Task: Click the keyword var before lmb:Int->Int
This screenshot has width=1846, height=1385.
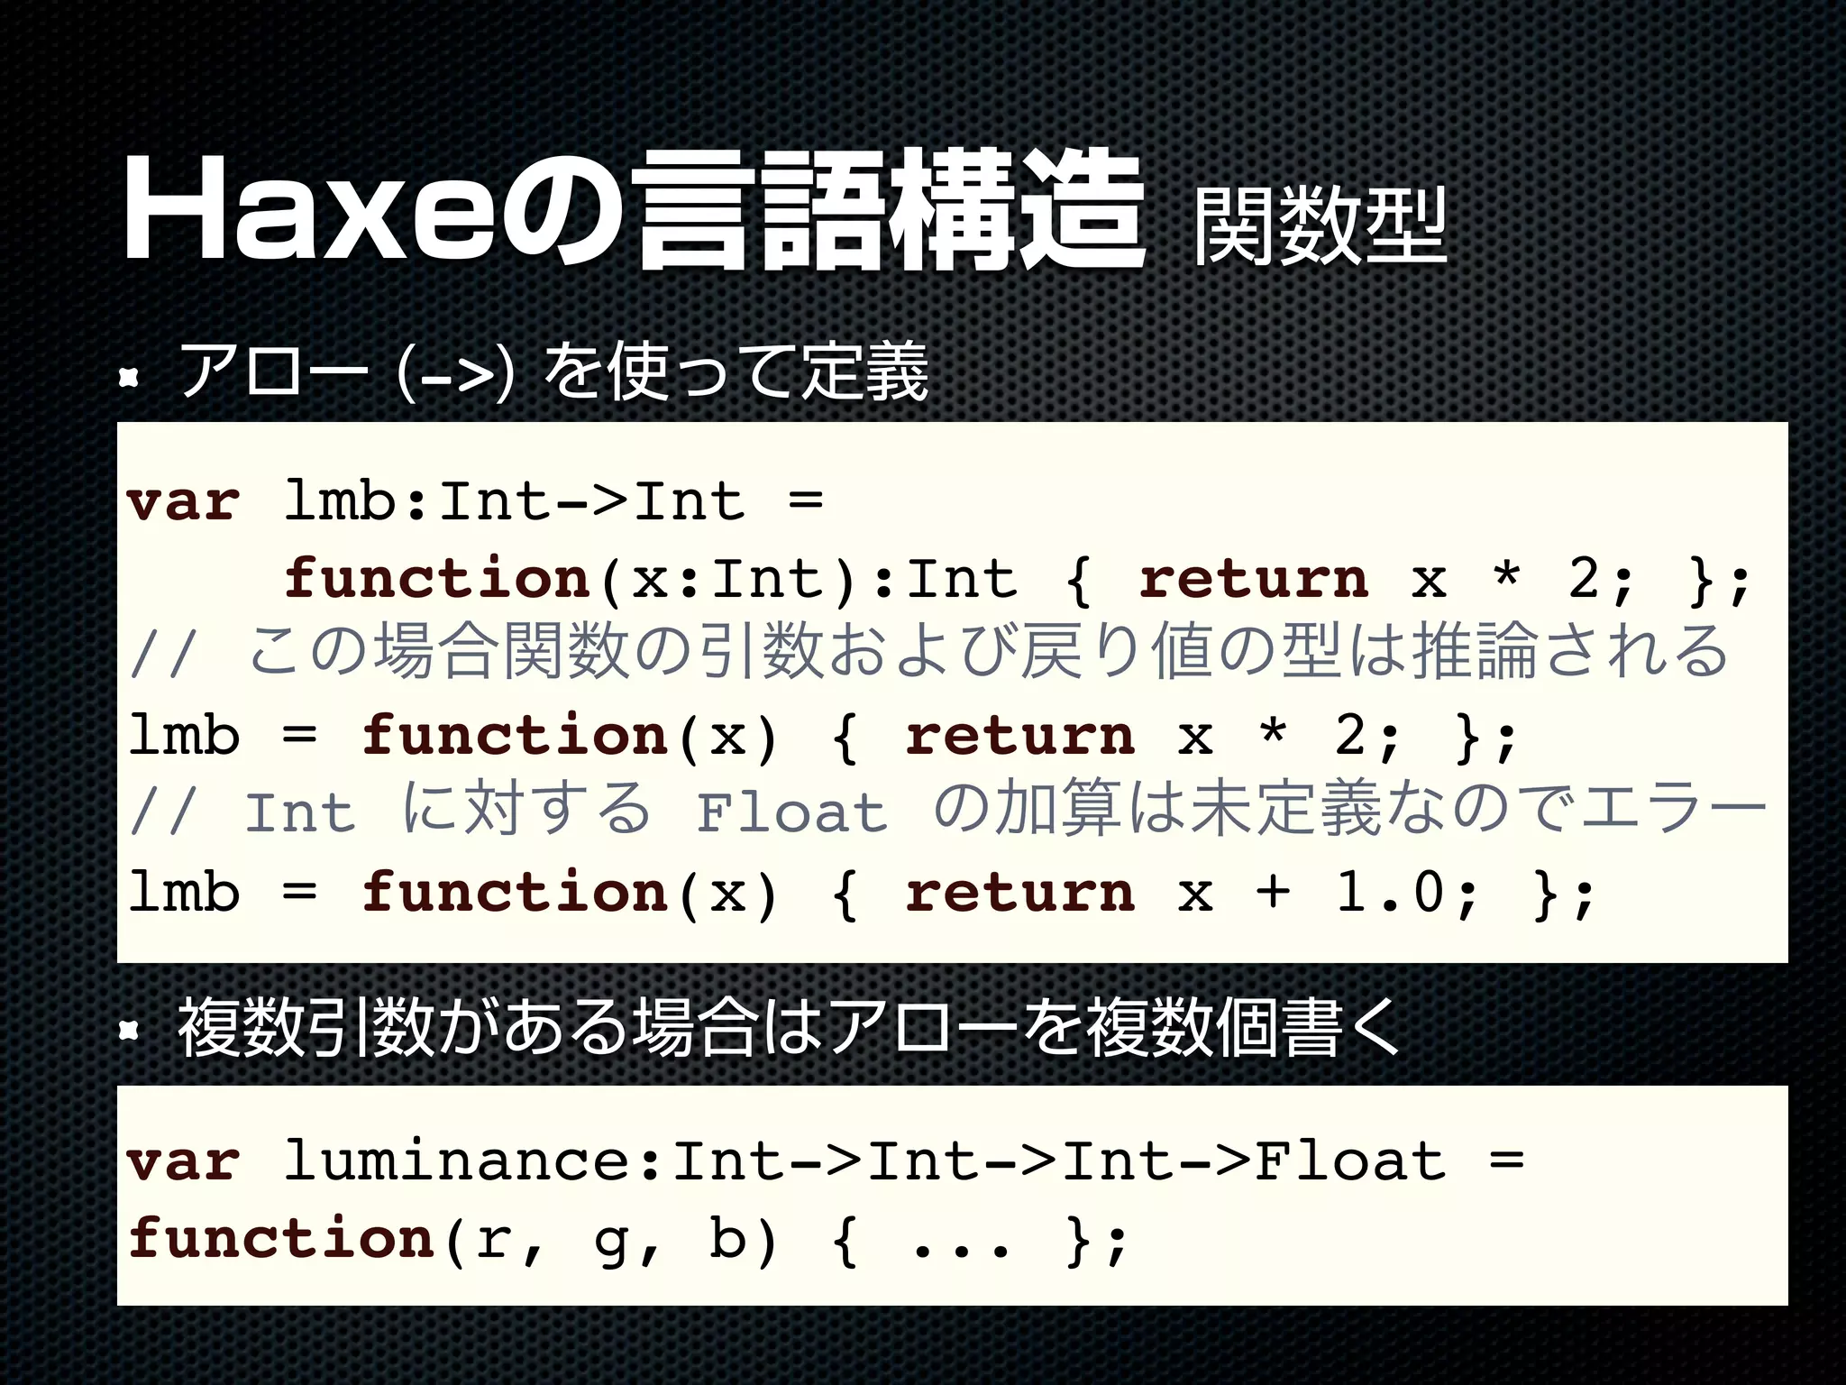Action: point(183,502)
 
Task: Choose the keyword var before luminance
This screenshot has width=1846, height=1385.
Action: point(183,1161)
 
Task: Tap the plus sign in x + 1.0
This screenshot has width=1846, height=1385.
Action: point(1273,893)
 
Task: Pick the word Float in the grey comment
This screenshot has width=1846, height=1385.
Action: point(792,812)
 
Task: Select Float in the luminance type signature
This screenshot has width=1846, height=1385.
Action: point(1350,1161)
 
